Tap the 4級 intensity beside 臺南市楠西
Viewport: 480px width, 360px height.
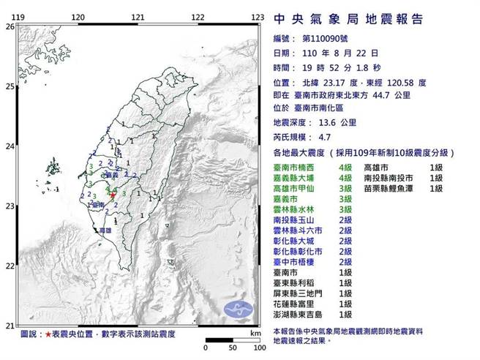point(343,167)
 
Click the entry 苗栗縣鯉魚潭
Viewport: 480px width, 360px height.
point(390,189)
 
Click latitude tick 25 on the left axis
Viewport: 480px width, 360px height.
point(9,86)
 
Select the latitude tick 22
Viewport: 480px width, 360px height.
point(9,266)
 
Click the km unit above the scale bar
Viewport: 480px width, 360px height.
point(254,332)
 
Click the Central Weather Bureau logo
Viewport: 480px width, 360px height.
point(237,307)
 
